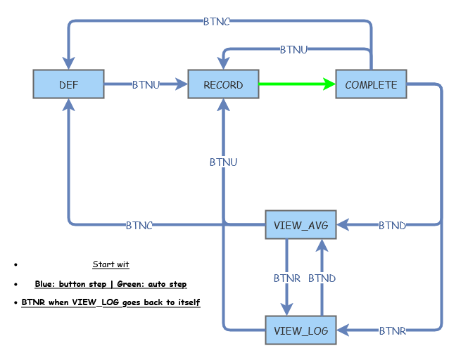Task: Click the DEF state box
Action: [68, 84]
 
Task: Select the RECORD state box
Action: [223, 84]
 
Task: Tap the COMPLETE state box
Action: [371, 84]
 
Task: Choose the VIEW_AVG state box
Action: [301, 225]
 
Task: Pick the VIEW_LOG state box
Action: [301, 330]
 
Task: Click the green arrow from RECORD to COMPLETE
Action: [296, 84]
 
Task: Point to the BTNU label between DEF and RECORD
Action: [146, 84]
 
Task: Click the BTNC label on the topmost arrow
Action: [216, 21]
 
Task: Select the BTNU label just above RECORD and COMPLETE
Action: [293, 49]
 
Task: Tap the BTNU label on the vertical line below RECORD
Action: [223, 162]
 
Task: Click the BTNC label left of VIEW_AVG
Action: [139, 225]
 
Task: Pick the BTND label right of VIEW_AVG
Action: [392, 225]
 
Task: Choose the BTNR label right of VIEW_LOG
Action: [392, 330]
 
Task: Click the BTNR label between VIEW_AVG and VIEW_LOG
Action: [287, 278]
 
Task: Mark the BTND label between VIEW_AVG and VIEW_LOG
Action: [322, 278]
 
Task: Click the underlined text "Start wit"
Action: [110, 264]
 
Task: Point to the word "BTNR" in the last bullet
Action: [32, 302]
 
